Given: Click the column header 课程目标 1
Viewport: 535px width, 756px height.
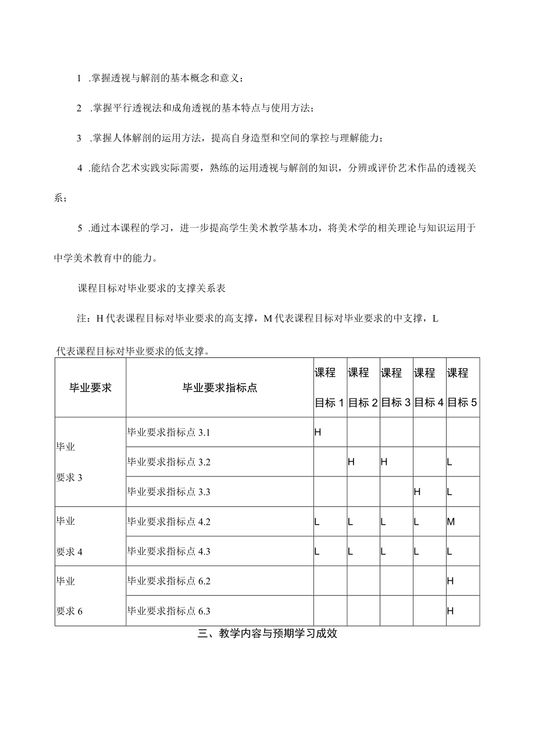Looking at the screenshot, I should click(330, 388).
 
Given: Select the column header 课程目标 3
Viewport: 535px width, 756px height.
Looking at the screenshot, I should click(396, 388).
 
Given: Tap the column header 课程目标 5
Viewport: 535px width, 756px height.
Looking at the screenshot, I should click(462, 388).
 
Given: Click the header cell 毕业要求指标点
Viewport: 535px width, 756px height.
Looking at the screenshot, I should click(220, 388).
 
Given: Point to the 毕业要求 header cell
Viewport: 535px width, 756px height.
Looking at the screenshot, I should click(90, 388).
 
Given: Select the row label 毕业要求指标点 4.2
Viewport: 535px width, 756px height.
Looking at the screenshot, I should click(169, 522).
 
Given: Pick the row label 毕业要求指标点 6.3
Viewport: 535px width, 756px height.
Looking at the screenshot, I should click(169, 611).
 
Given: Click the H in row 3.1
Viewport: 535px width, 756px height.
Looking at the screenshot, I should click(318, 432).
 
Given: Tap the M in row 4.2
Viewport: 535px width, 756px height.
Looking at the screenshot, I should click(450, 522).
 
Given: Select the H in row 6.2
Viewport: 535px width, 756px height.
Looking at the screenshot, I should click(450, 581).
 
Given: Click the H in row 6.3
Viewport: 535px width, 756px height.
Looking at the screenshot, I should click(450, 611).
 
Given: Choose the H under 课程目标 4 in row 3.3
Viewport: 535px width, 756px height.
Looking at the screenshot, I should click(417, 492).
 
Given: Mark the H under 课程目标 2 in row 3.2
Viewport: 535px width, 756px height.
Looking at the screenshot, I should click(351, 462).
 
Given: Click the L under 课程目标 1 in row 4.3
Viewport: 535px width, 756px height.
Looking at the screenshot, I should click(317, 551).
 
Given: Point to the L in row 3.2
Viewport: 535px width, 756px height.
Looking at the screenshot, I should click(450, 462).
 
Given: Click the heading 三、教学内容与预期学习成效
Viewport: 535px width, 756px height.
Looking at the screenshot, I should click(267, 635).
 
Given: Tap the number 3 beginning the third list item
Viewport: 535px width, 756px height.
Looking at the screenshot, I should click(79, 138).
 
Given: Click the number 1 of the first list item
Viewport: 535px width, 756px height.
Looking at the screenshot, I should click(79, 78).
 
